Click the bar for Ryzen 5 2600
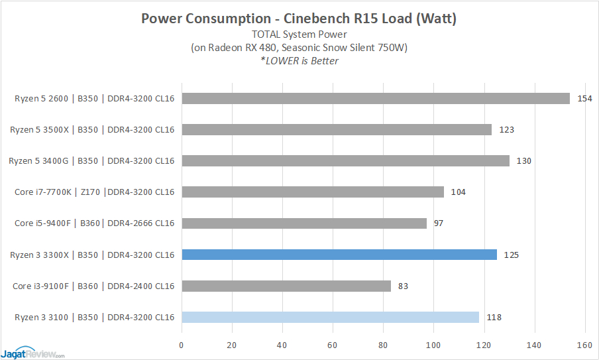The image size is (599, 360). pyautogui.click(x=375, y=98)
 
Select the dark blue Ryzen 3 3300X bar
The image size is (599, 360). pyautogui.click(x=339, y=255)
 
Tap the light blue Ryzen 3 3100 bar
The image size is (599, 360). pyautogui.click(x=330, y=317)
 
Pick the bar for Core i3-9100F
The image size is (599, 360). pyautogui.click(x=286, y=286)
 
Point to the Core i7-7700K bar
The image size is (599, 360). pyautogui.click(x=312, y=192)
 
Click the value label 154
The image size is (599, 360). pyautogui.click(x=584, y=98)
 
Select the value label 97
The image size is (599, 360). pyautogui.click(x=439, y=223)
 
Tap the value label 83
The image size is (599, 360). pyautogui.click(x=404, y=286)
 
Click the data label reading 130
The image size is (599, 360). pyautogui.click(x=523, y=160)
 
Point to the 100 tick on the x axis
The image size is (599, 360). pyautogui.click(x=433, y=345)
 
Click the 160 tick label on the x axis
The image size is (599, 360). pyautogui.click(x=584, y=345)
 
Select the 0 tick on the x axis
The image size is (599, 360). pyautogui.click(x=182, y=345)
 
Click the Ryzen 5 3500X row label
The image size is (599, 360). pyautogui.click(x=92, y=129)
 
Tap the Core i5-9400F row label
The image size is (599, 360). pyautogui.click(x=94, y=223)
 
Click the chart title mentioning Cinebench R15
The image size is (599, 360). pyautogui.click(x=299, y=19)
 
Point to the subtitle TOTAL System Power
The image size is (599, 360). pyautogui.click(x=299, y=34)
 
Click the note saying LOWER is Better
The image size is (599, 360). pyautogui.click(x=299, y=61)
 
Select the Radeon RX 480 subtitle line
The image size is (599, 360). pyautogui.click(x=299, y=48)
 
